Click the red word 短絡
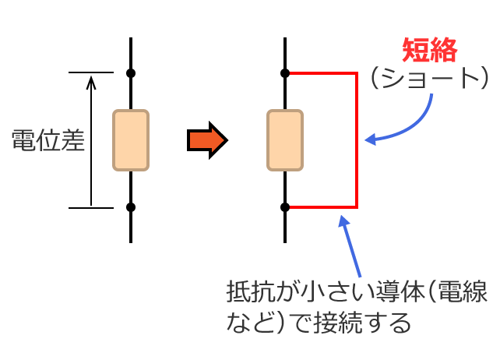tap(429, 51)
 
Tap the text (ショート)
tap(429, 79)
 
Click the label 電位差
tap(48, 141)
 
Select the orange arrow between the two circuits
tap(206, 140)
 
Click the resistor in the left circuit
tap(131, 140)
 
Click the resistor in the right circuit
tap(285, 140)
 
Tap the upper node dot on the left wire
tap(131, 73)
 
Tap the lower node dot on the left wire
tap(131, 207)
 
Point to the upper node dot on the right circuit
tap(285, 73)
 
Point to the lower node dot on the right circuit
tap(285, 207)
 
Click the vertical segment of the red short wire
tap(357, 140)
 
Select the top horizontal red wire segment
tap(322, 73)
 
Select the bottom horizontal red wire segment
tap(322, 207)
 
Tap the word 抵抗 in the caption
tap(248, 295)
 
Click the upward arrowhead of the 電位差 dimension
tap(91, 80)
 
